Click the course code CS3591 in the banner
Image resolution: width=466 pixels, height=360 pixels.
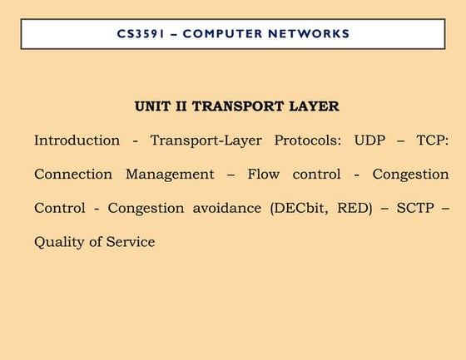pos(141,34)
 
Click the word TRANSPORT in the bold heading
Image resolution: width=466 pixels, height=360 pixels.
pos(238,106)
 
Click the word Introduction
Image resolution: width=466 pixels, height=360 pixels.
pos(77,141)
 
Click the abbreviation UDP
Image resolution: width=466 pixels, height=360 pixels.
pos(370,141)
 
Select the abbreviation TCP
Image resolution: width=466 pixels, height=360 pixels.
pos(430,141)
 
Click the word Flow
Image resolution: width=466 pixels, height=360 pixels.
pos(263,175)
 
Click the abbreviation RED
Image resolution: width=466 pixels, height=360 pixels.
pos(354,209)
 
